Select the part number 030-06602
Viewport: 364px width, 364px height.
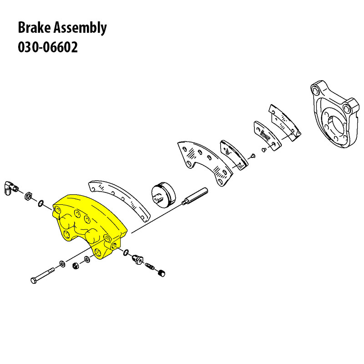48,47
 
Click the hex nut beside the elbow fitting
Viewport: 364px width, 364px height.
28,196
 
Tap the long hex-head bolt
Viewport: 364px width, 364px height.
43,275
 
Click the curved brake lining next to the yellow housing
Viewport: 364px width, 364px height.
121,198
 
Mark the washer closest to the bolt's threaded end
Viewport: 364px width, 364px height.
62,263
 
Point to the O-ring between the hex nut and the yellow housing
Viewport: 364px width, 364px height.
40,202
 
